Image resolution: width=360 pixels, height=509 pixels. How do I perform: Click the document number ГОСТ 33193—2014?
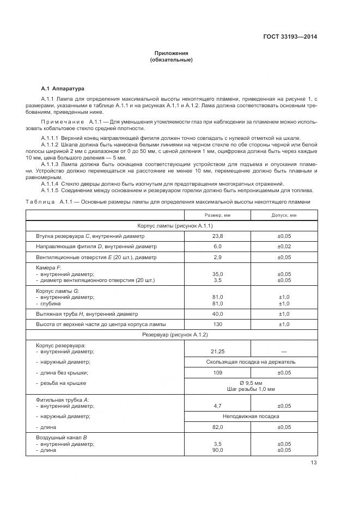coord(290,36)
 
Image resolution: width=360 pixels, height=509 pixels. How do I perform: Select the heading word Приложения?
coord(171,53)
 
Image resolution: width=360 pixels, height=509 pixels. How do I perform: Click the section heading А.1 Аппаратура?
coord(63,88)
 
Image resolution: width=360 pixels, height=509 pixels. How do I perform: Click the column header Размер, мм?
coord(217,215)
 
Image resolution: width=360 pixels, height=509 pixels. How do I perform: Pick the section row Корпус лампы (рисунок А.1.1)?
coord(171,225)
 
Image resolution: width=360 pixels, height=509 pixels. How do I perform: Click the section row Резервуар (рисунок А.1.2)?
coord(171,334)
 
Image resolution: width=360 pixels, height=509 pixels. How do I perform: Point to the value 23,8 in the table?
coord(217,236)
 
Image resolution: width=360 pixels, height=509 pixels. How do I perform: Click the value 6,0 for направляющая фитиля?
coord(217,247)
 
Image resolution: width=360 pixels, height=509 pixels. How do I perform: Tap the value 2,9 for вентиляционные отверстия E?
coord(217,257)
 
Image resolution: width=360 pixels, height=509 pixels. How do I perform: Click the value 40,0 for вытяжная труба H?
coord(217,314)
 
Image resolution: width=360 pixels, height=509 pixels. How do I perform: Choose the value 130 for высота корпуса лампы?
coord(217,324)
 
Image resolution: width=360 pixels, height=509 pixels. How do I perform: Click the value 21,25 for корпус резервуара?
coord(217,351)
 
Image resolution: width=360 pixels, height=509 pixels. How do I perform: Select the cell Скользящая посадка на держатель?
coord(251,361)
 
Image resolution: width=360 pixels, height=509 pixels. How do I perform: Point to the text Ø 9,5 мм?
coord(251,383)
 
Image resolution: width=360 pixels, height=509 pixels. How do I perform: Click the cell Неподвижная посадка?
coord(251,416)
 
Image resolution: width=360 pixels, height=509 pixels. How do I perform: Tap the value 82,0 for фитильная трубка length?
coord(217,427)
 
